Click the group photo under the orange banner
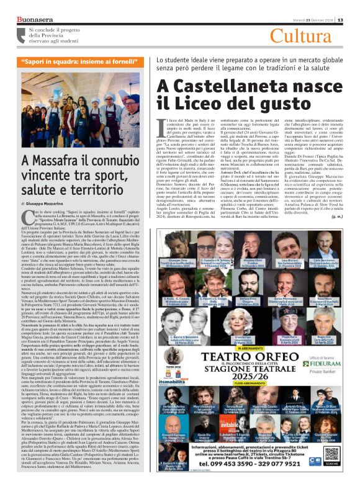[x=77, y=105]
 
